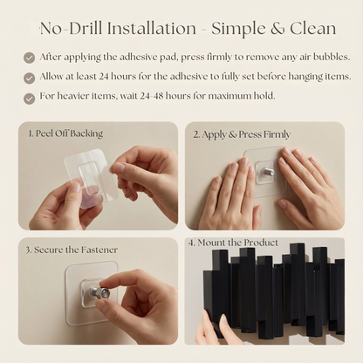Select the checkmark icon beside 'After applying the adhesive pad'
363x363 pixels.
[30, 58]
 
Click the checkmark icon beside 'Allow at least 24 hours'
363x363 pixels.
[30, 77]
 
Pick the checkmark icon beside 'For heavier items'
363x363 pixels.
[30, 97]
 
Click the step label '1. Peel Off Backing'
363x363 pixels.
[65, 134]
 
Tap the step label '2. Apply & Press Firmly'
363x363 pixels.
[242, 135]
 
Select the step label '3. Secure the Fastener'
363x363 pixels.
[71, 250]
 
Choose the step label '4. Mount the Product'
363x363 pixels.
[236, 243]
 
